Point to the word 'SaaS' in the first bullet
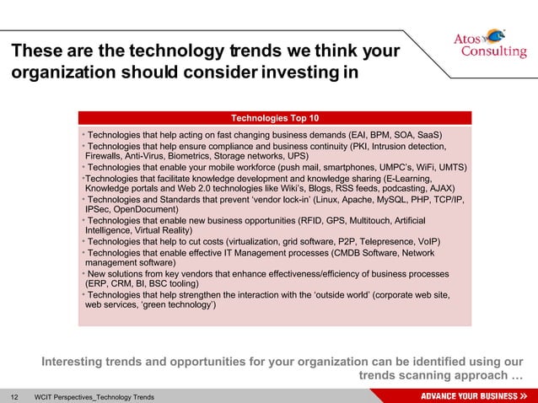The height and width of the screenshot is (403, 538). click(x=428, y=134)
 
